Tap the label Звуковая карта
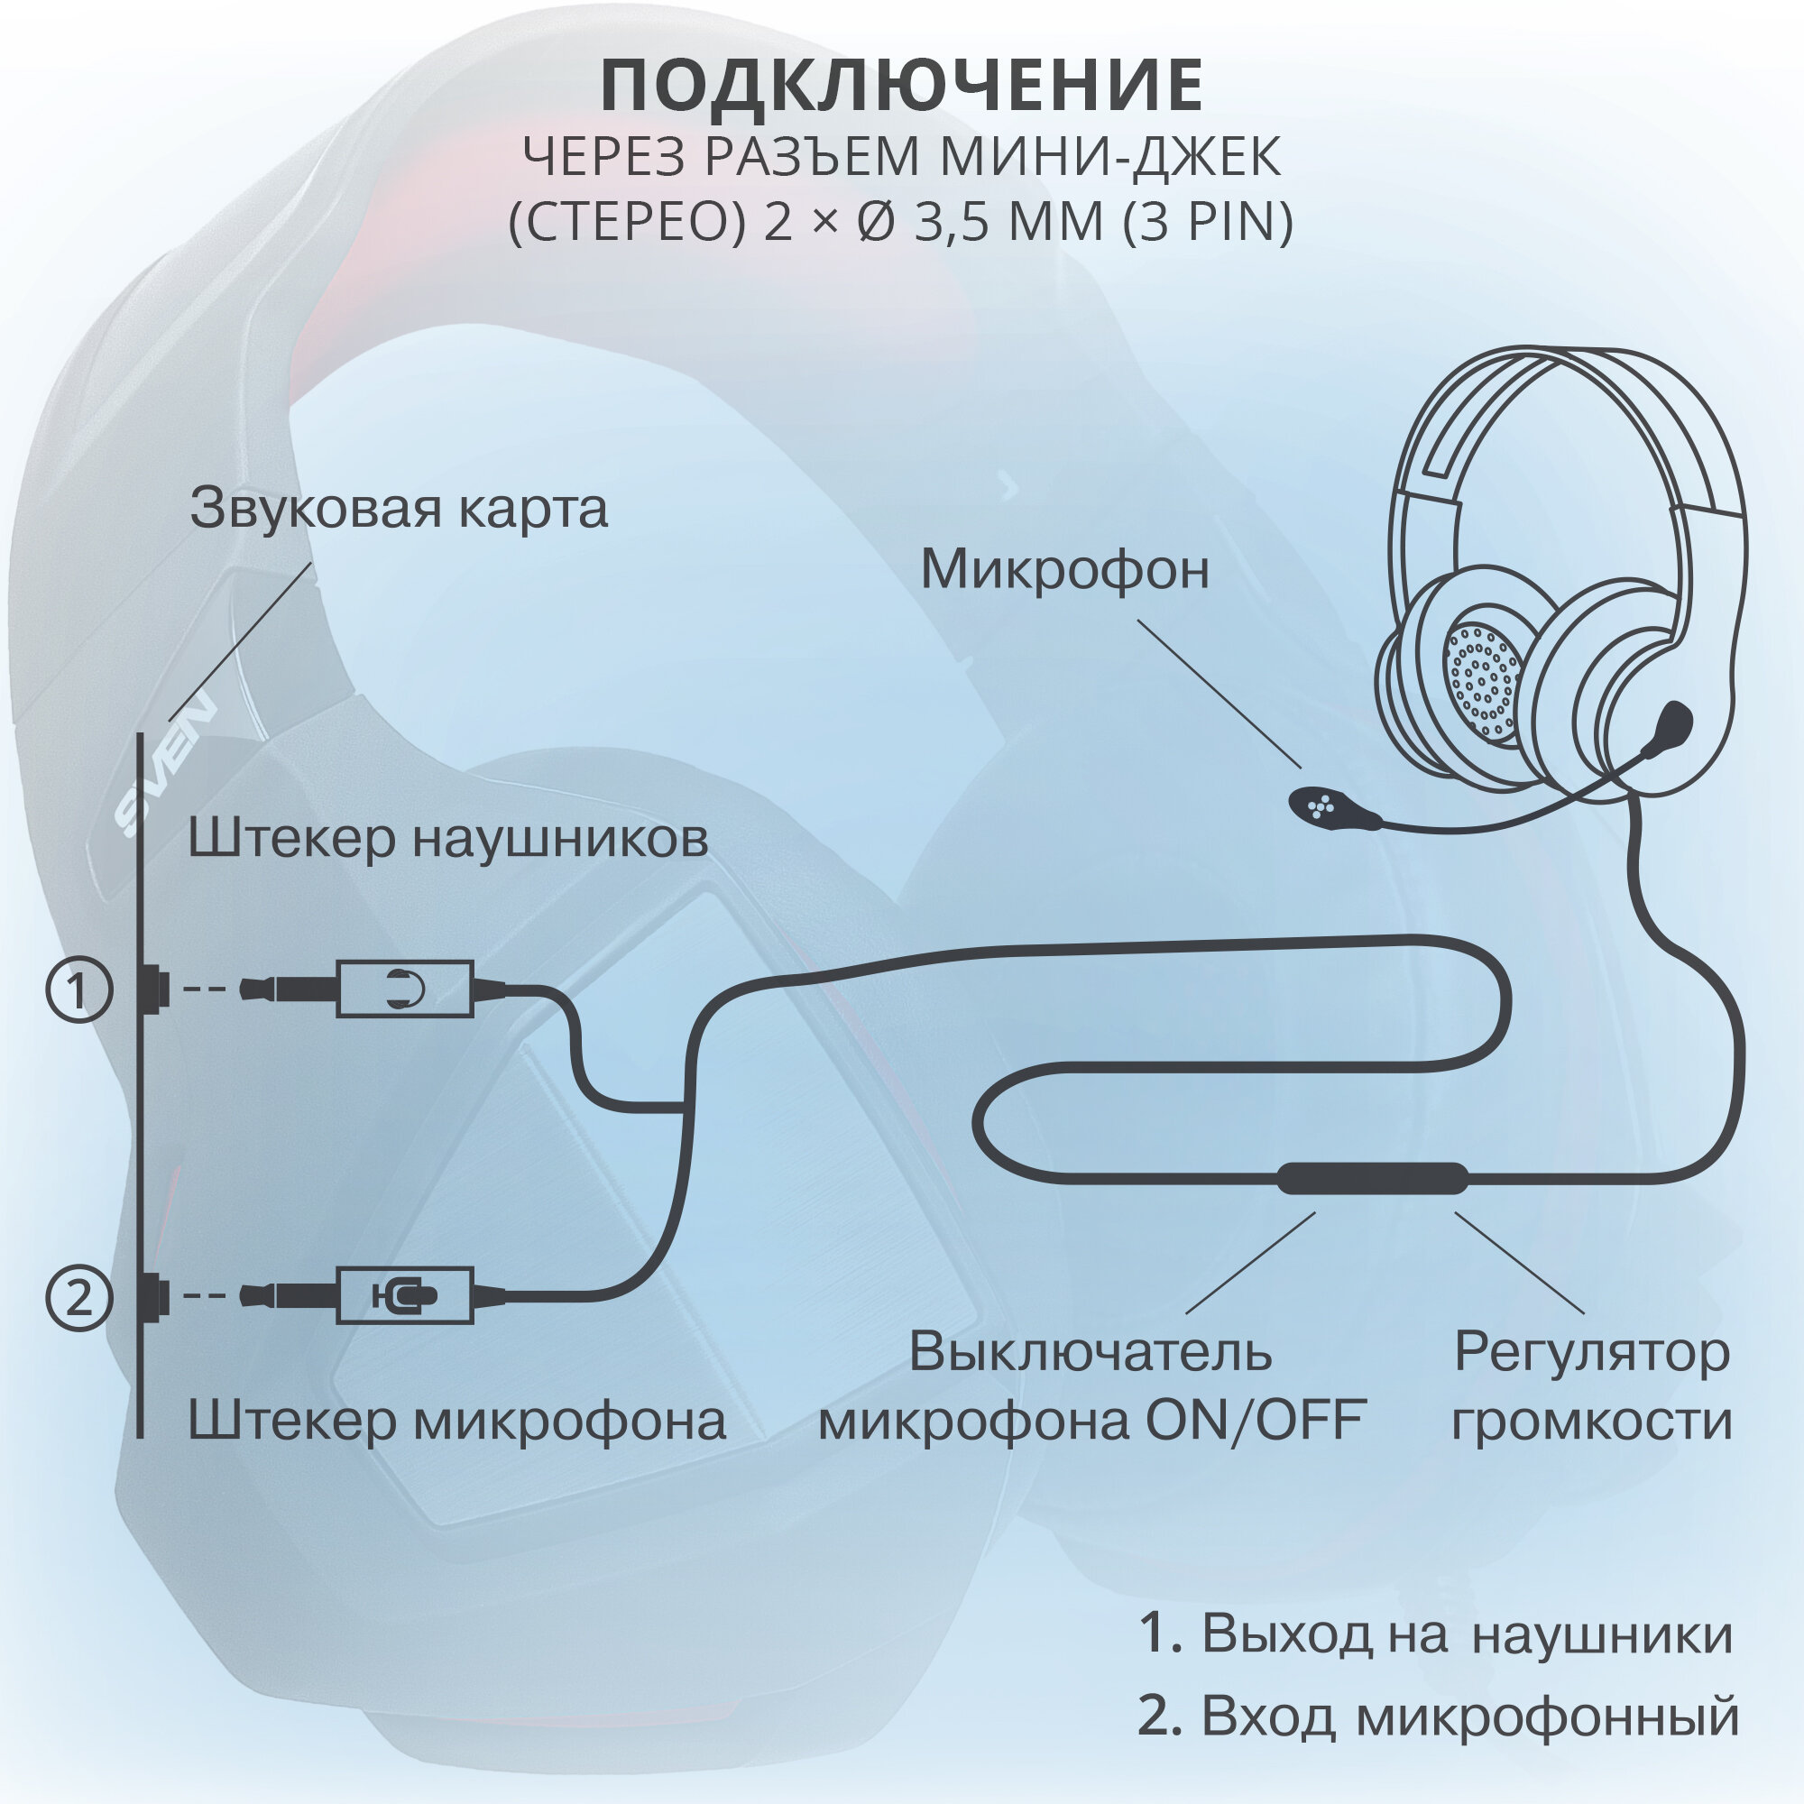(x=399, y=509)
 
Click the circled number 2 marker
(x=79, y=1297)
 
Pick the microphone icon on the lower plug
(x=404, y=1295)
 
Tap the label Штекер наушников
(x=448, y=838)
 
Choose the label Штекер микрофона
(x=456, y=1421)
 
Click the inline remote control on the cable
(x=1372, y=1178)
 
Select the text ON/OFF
(x=1256, y=1421)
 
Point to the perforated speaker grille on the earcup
(x=1482, y=678)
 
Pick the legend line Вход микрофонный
(x=1438, y=1715)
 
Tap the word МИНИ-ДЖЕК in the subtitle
(x=1109, y=157)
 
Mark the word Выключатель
(x=1090, y=1351)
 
